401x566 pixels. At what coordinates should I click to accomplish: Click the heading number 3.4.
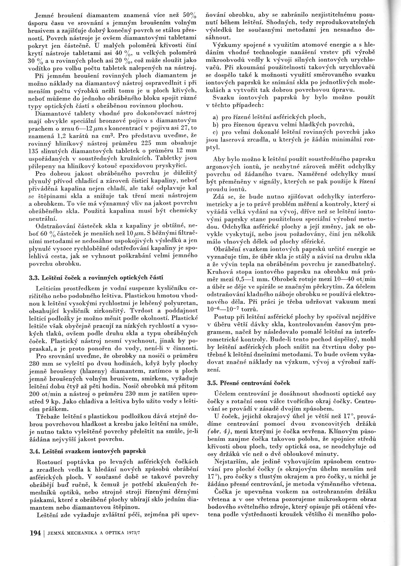click(x=34, y=451)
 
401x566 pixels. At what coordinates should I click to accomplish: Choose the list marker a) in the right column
click(x=216, y=117)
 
